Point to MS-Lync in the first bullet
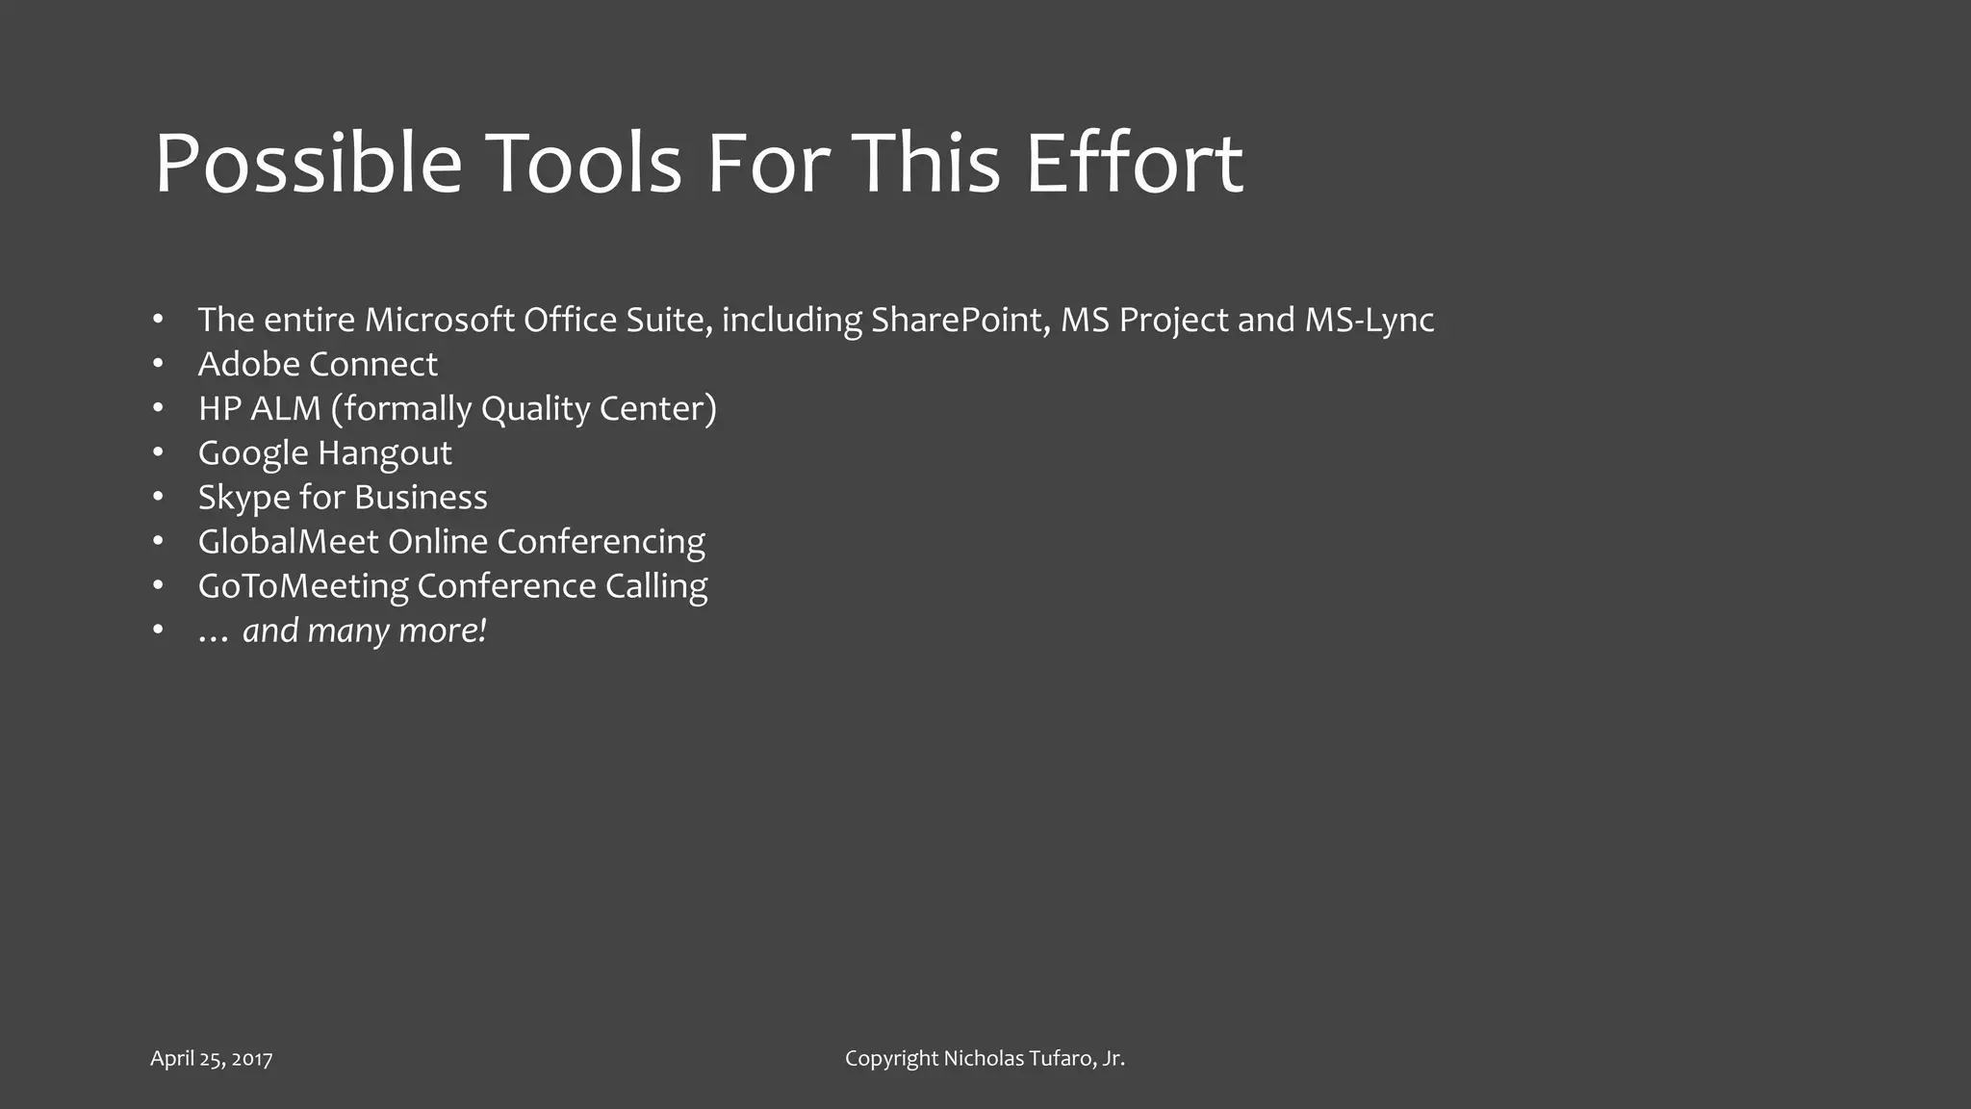coord(1369,320)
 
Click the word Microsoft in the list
coord(439,320)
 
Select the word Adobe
coord(249,364)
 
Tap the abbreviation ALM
coord(286,408)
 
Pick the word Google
coord(253,453)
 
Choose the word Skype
coord(243,498)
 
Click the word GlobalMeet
coord(289,541)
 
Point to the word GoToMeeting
coord(302,586)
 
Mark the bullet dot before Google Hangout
coord(158,451)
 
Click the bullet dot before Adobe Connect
coord(158,363)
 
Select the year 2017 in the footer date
coord(252,1059)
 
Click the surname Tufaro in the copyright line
coord(1062,1058)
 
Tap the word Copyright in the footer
coord(891,1059)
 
